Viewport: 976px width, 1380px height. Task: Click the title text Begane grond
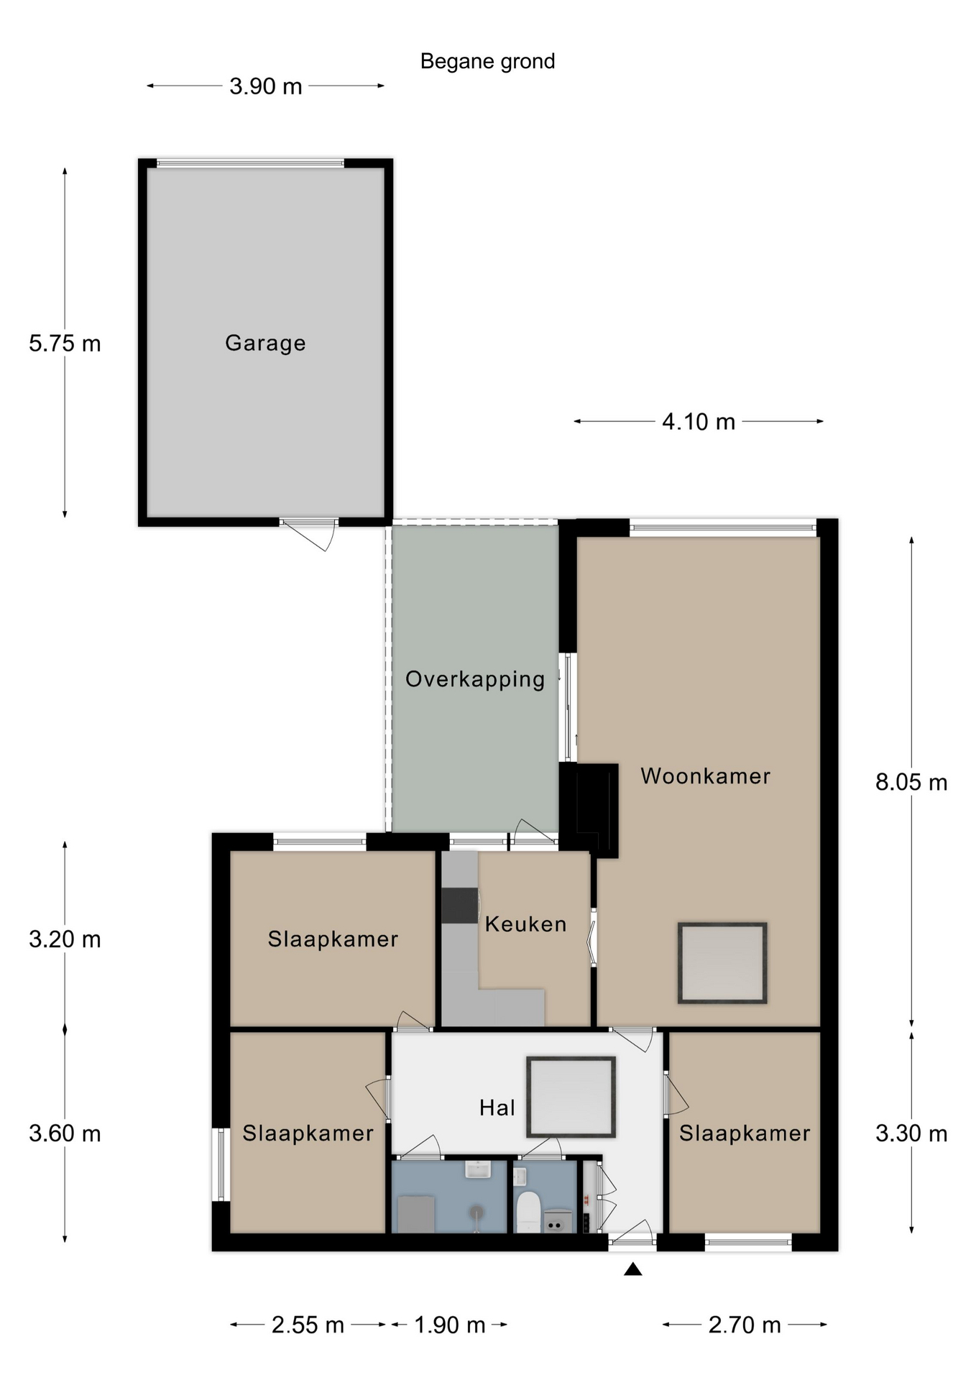click(x=487, y=62)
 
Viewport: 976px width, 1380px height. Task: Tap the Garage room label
click(x=265, y=343)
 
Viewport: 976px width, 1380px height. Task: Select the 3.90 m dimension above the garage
click(x=265, y=86)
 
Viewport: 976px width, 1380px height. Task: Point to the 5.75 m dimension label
click(x=65, y=344)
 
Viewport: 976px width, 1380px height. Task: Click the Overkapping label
click(x=475, y=679)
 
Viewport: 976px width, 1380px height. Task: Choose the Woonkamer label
click(x=705, y=776)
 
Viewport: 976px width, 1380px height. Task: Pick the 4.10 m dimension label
click(x=699, y=422)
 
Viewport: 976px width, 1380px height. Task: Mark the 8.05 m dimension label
click(x=911, y=782)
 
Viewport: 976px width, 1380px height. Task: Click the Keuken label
click(x=525, y=924)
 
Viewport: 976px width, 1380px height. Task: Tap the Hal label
click(x=497, y=1108)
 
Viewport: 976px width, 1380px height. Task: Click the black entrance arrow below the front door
click(x=632, y=1269)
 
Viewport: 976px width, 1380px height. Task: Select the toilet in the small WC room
click(x=528, y=1212)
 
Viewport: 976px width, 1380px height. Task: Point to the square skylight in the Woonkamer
click(x=722, y=963)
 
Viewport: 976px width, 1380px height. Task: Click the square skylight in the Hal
click(x=571, y=1097)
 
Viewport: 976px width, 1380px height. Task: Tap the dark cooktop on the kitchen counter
click(x=459, y=906)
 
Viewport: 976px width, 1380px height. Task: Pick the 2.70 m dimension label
click(x=745, y=1325)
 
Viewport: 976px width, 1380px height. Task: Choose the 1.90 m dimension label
click(x=450, y=1325)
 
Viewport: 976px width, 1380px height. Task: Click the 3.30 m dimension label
click(x=911, y=1133)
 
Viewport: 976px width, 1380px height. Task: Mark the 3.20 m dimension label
click(x=65, y=939)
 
